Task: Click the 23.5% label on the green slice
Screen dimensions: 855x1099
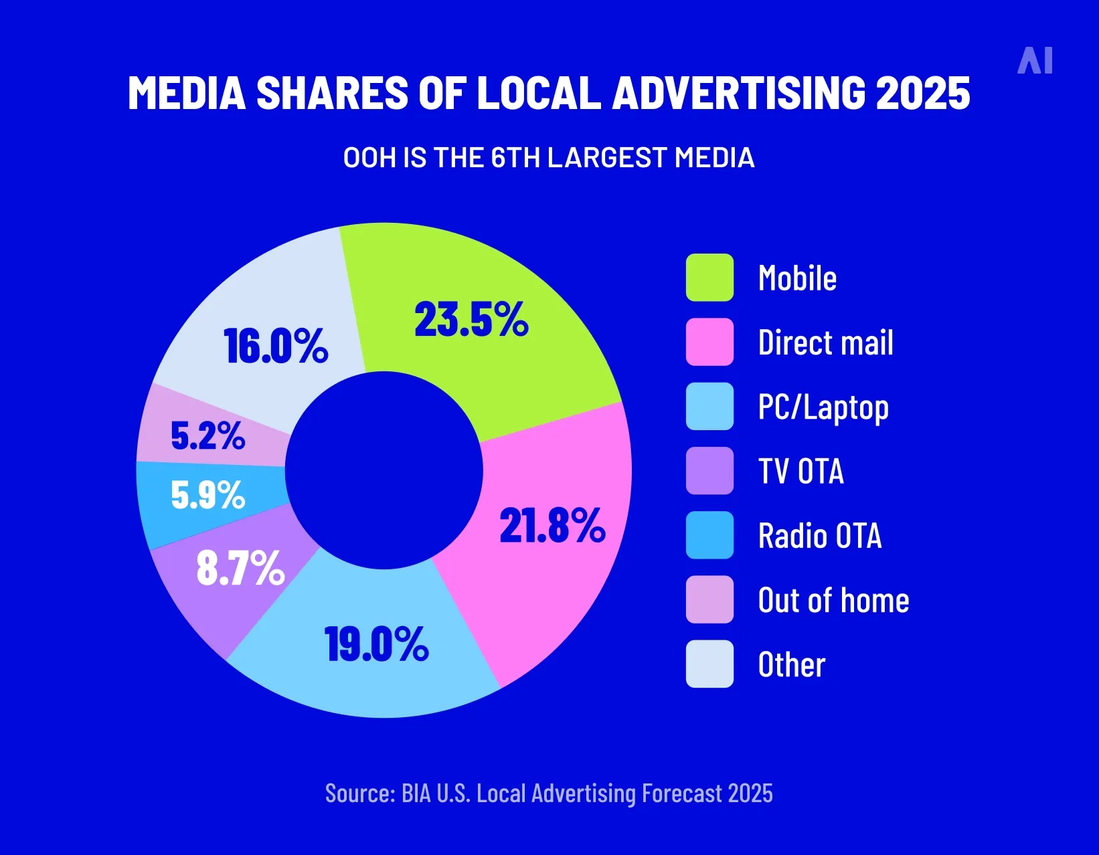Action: click(x=471, y=320)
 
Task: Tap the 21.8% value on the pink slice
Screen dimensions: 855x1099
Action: click(x=552, y=526)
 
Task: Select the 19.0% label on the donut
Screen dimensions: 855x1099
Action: click(x=377, y=645)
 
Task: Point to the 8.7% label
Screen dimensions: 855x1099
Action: click(x=240, y=569)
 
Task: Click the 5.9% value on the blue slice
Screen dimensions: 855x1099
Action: click(x=207, y=496)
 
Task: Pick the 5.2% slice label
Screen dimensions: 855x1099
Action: click(x=207, y=436)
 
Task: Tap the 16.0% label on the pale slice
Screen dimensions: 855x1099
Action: click(x=276, y=347)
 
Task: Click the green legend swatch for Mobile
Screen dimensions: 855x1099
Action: click(x=709, y=278)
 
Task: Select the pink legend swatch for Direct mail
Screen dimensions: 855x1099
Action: click(x=709, y=342)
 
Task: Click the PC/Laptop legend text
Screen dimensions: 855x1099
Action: click(x=823, y=407)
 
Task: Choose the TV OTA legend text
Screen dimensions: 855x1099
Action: click(x=800, y=471)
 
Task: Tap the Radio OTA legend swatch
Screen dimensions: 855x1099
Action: click(x=709, y=535)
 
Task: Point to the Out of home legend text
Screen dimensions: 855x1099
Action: click(x=833, y=600)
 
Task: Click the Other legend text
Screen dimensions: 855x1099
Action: click(x=791, y=664)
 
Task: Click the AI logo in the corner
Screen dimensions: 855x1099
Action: click(x=1035, y=61)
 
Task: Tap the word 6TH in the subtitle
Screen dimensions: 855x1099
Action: click(x=515, y=158)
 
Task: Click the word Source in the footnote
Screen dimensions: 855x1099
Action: click(x=358, y=793)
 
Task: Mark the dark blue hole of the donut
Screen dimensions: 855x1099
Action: click(x=384, y=470)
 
